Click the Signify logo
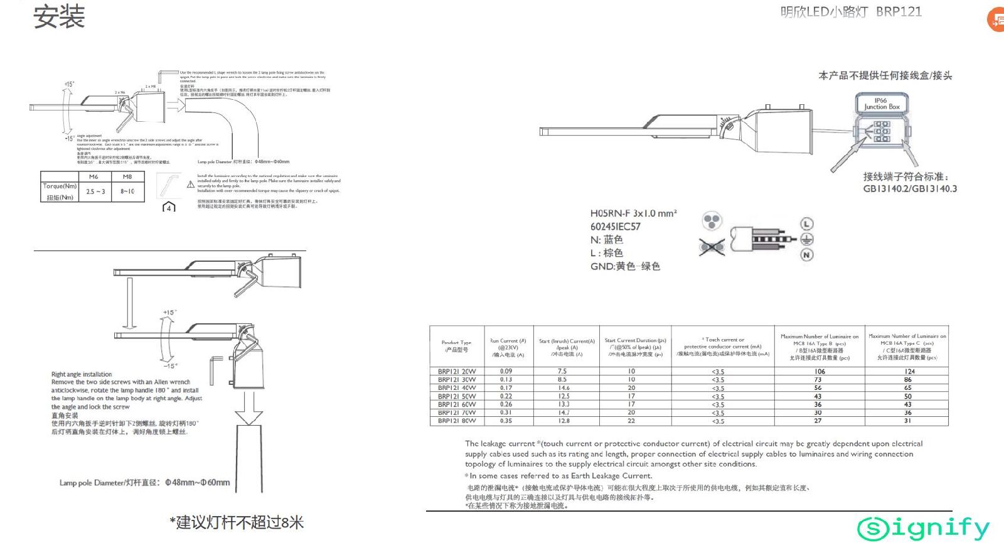(x=923, y=529)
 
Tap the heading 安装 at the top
(x=59, y=17)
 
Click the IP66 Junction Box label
(x=881, y=104)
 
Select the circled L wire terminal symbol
(x=807, y=224)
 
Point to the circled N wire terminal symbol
(x=807, y=254)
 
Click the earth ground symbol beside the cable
(x=807, y=239)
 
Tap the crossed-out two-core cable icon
(x=712, y=247)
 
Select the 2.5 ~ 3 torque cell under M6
(x=95, y=191)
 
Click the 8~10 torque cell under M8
(x=127, y=191)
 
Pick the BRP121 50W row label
(x=456, y=396)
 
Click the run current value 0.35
(x=506, y=421)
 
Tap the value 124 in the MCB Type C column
(x=909, y=372)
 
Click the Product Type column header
(x=456, y=346)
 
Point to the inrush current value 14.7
(x=564, y=412)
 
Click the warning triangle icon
(x=191, y=185)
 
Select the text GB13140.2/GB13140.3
(x=910, y=188)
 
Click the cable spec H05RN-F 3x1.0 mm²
(x=633, y=213)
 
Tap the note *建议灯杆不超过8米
(x=237, y=522)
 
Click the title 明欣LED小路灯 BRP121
(x=851, y=12)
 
